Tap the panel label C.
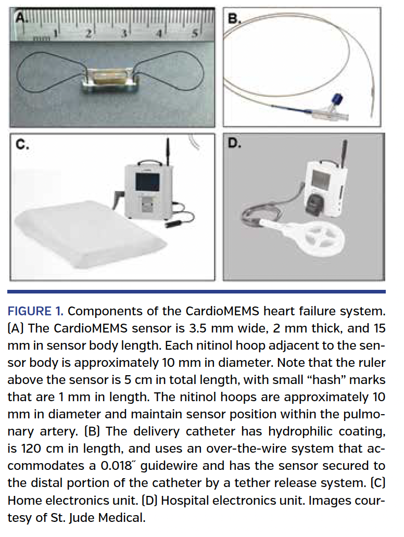(x=21, y=145)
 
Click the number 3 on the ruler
(x=124, y=34)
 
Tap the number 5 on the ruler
(x=195, y=34)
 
